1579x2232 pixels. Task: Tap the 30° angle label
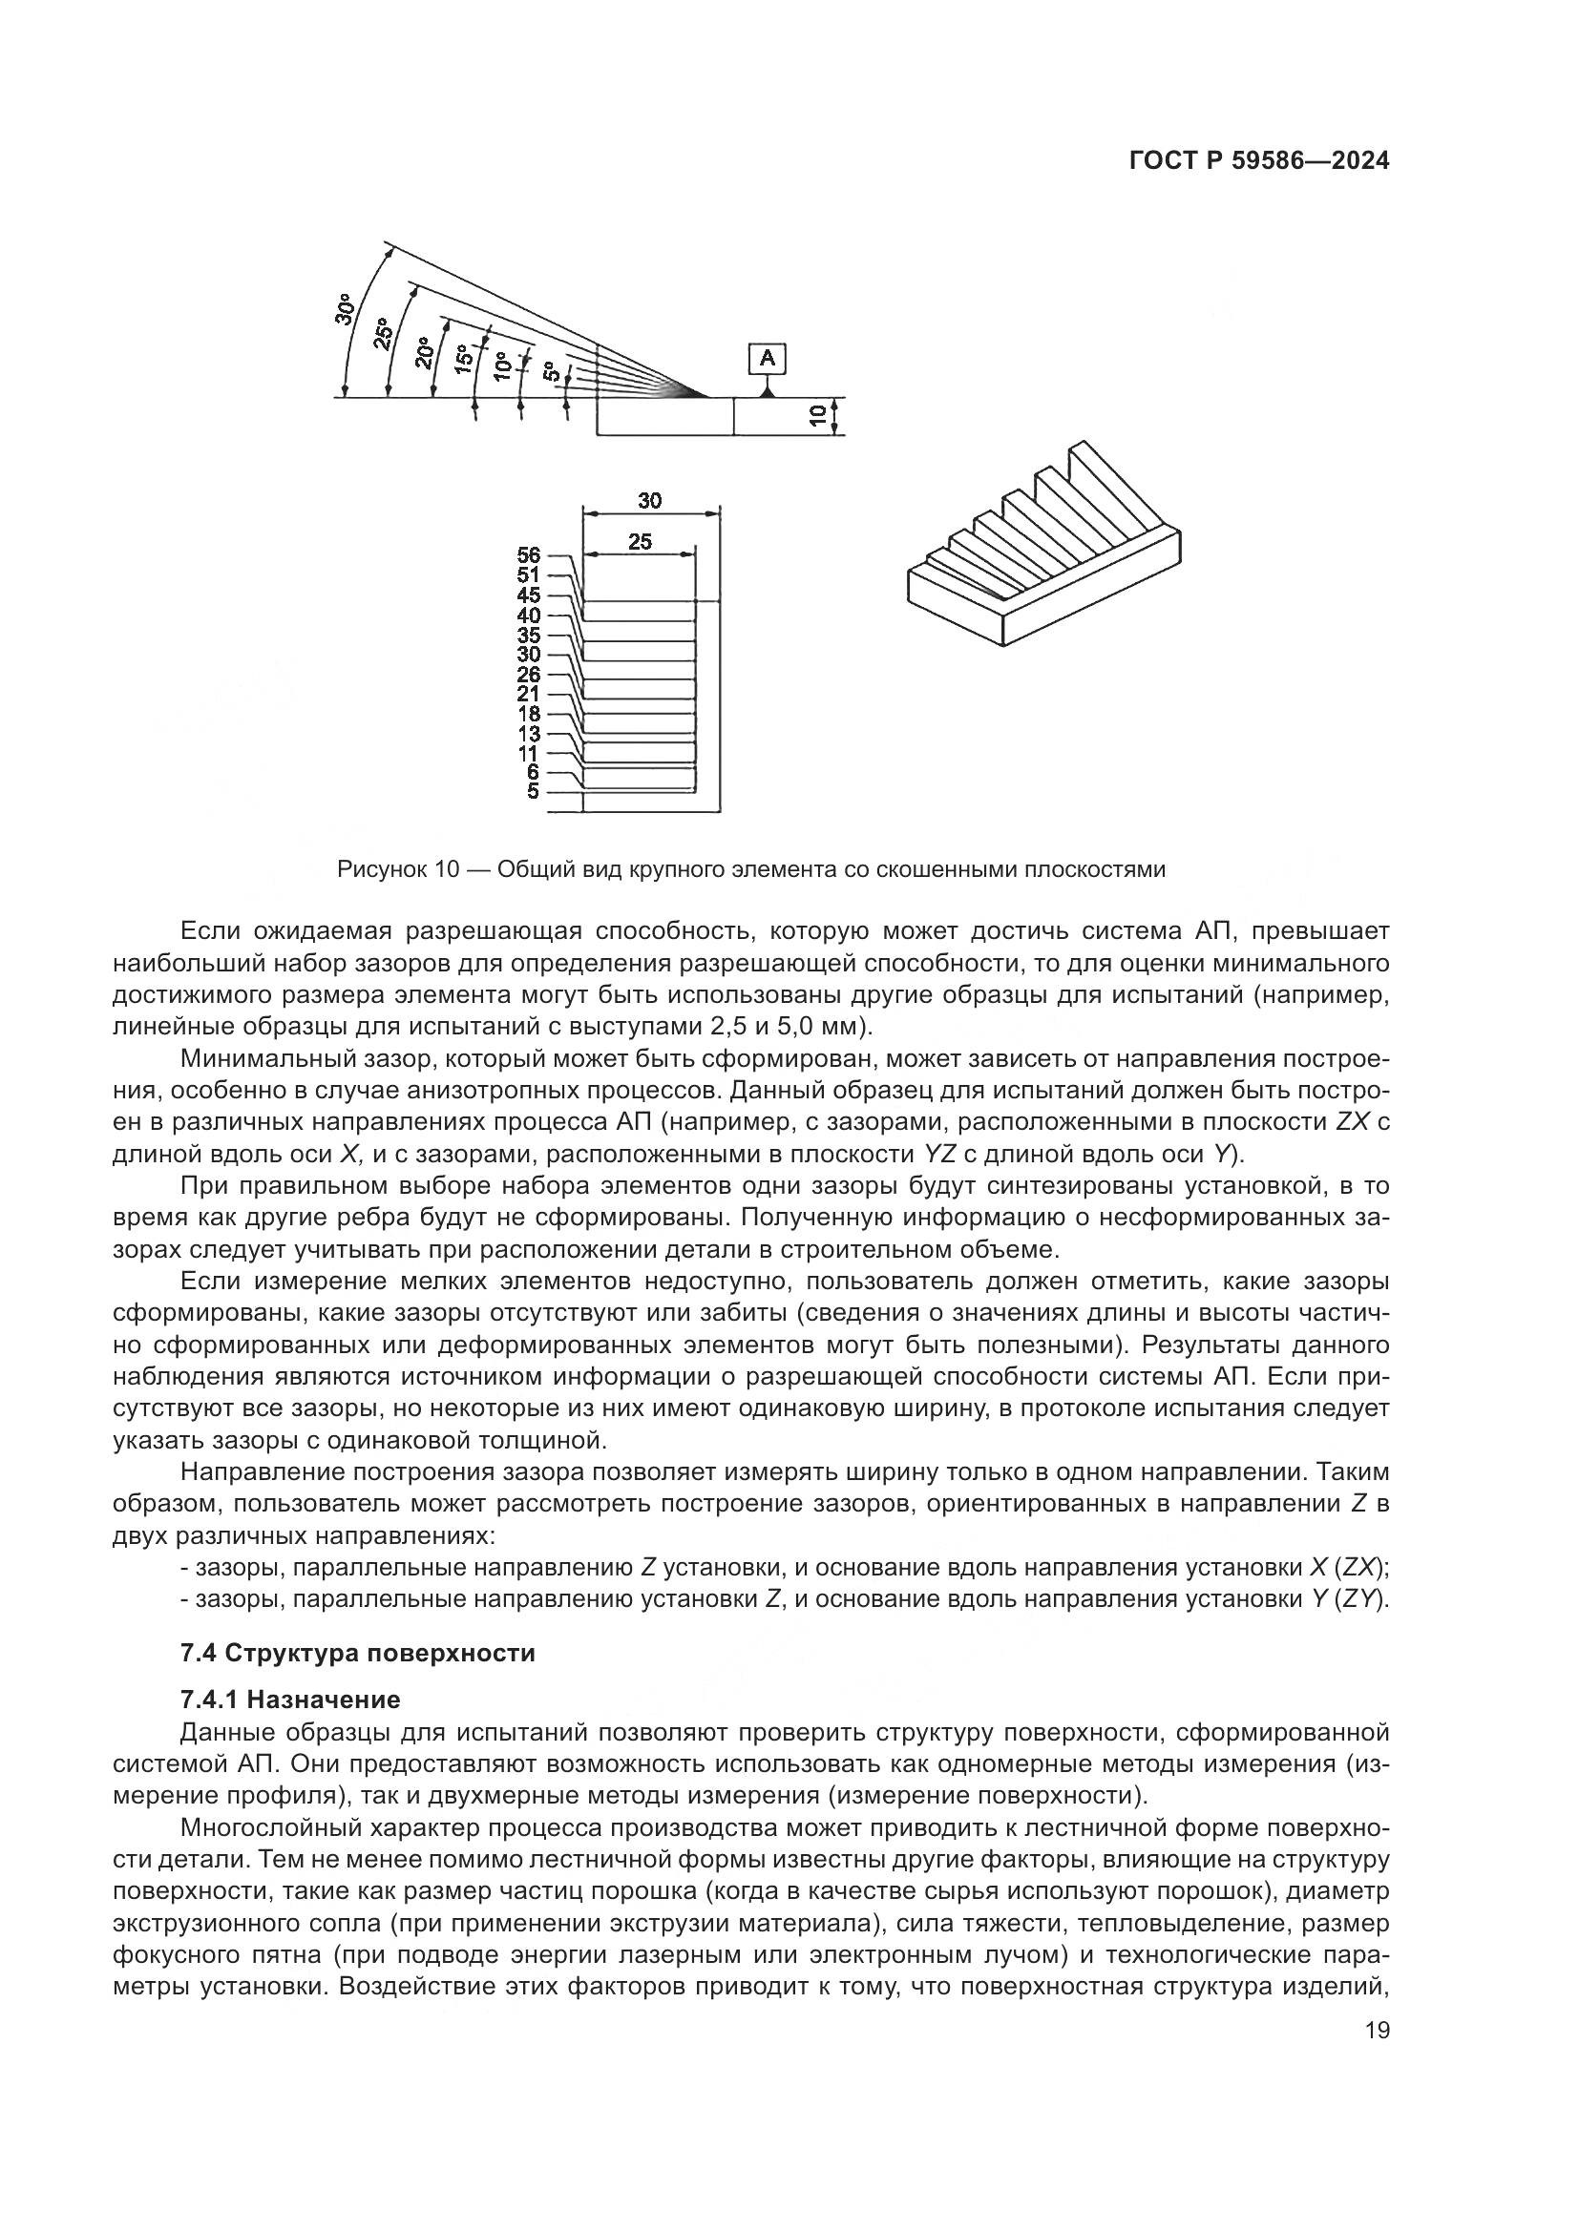click(345, 310)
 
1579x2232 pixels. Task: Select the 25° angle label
click(384, 333)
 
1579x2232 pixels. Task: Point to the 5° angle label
click(550, 372)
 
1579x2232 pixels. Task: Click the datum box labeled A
click(768, 359)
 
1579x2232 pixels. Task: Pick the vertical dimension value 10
click(818, 417)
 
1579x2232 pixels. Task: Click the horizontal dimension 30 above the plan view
click(649, 501)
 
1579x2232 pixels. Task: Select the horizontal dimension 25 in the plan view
click(640, 541)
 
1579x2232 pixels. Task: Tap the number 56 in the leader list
click(528, 555)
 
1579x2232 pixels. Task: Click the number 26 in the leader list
click(528, 674)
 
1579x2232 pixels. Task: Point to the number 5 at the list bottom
click(532, 791)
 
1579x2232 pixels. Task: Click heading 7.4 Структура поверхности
click(358, 1654)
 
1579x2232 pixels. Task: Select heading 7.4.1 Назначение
click(290, 1700)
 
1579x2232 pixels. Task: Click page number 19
click(1377, 2050)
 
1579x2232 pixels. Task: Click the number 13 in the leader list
click(528, 733)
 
